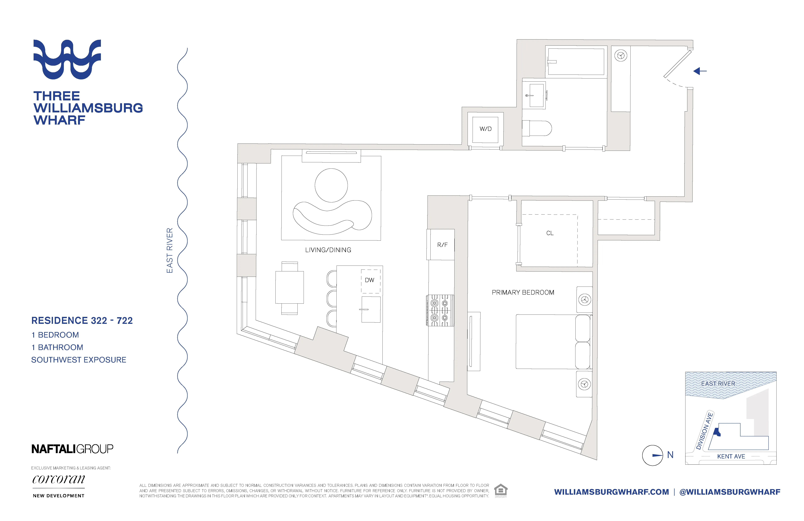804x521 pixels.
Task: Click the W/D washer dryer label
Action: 485,129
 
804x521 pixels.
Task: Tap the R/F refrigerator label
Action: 442,245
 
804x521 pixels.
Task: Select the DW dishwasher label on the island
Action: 370,280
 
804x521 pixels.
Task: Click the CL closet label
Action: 550,233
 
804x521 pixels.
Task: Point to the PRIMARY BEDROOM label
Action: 523,292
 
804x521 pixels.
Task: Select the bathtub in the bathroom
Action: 576,62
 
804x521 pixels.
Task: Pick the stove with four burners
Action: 440,310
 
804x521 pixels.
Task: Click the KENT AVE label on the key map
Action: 731,456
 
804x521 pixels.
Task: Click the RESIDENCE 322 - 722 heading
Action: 82,320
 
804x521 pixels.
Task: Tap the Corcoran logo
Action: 58,479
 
